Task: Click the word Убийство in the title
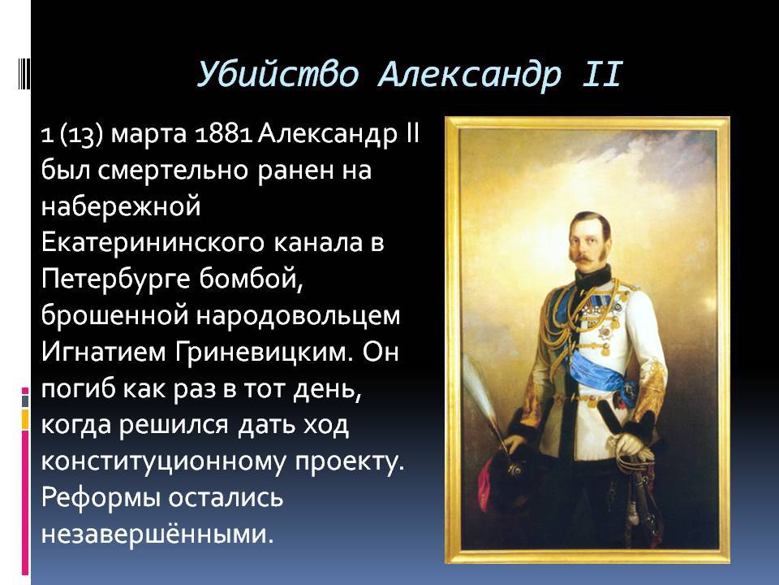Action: [x=278, y=76]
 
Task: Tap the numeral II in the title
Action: [x=602, y=75]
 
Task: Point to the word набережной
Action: [x=121, y=206]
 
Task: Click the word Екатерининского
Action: [x=153, y=244]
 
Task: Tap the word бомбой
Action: [x=251, y=279]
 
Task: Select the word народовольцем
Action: [x=298, y=315]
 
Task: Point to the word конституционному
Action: [x=163, y=462]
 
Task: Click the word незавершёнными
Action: [x=157, y=535]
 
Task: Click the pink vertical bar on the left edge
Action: [x=25, y=502]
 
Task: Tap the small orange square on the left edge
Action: [x=25, y=419]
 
